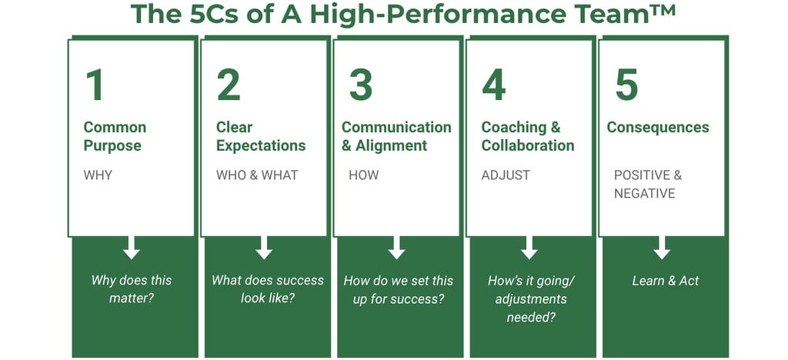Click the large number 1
[95, 85]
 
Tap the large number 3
[361, 85]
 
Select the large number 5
[626, 85]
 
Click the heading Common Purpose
[115, 137]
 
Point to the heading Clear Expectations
[261, 137]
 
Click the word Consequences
[658, 128]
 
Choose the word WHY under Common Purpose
[98, 175]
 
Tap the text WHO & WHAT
[257, 175]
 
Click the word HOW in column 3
[364, 175]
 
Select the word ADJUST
[506, 175]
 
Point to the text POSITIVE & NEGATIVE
[648, 185]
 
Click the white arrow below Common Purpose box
[131, 248]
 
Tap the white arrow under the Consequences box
[662, 248]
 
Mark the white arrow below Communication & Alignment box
[396, 248]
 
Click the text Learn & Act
[666, 281]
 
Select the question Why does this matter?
[131, 289]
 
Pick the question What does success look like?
[267, 289]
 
